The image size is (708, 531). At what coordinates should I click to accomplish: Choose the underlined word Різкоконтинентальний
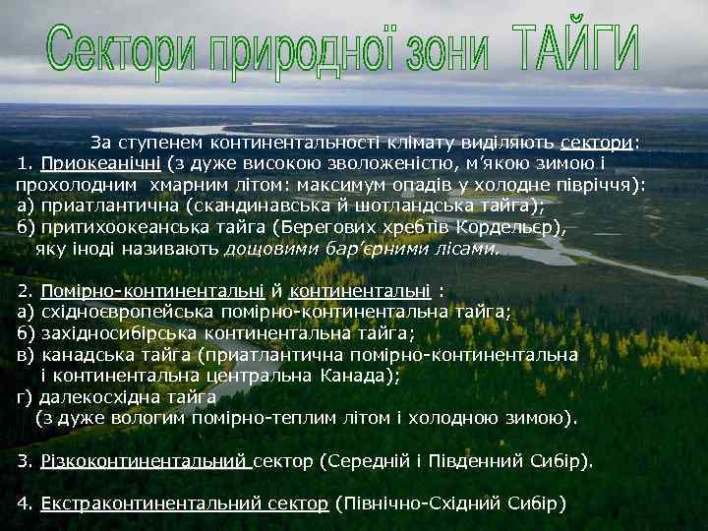(145, 460)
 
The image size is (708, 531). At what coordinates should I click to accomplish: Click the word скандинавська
(228, 205)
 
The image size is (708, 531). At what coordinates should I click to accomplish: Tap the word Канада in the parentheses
(364, 376)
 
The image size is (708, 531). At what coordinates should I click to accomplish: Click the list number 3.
(26, 460)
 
